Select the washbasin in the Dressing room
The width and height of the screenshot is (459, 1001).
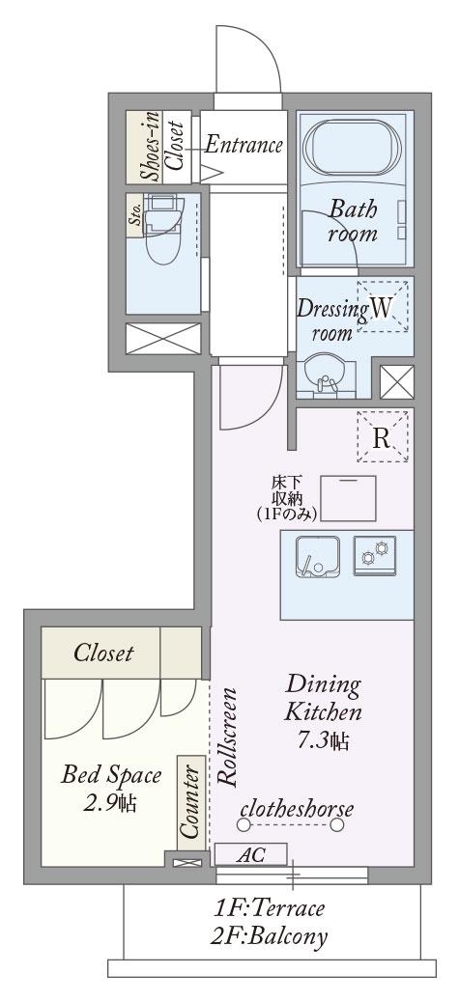pyautogui.click(x=327, y=376)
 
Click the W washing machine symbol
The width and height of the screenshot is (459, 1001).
pyautogui.click(x=382, y=307)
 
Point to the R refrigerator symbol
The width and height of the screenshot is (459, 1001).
pyautogui.click(x=382, y=437)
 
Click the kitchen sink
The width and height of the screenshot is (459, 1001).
pyautogui.click(x=318, y=557)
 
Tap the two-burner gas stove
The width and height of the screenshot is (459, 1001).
pyautogui.click(x=375, y=555)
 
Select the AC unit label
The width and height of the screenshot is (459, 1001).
pyautogui.click(x=251, y=855)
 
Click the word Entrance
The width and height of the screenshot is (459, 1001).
pyautogui.click(x=244, y=146)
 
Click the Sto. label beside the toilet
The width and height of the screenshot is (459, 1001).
pyautogui.click(x=136, y=216)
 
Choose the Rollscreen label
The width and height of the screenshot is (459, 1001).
pyautogui.click(x=228, y=737)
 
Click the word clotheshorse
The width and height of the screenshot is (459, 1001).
pyautogui.click(x=297, y=809)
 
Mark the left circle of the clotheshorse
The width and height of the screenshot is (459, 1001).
pyautogui.click(x=243, y=824)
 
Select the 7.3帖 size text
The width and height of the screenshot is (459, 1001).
pyautogui.click(x=324, y=740)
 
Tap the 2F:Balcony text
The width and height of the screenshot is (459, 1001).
pyautogui.click(x=270, y=936)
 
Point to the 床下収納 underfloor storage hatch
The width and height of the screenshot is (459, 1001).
pyautogui.click(x=348, y=498)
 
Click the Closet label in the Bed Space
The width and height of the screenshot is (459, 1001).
pyautogui.click(x=103, y=653)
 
